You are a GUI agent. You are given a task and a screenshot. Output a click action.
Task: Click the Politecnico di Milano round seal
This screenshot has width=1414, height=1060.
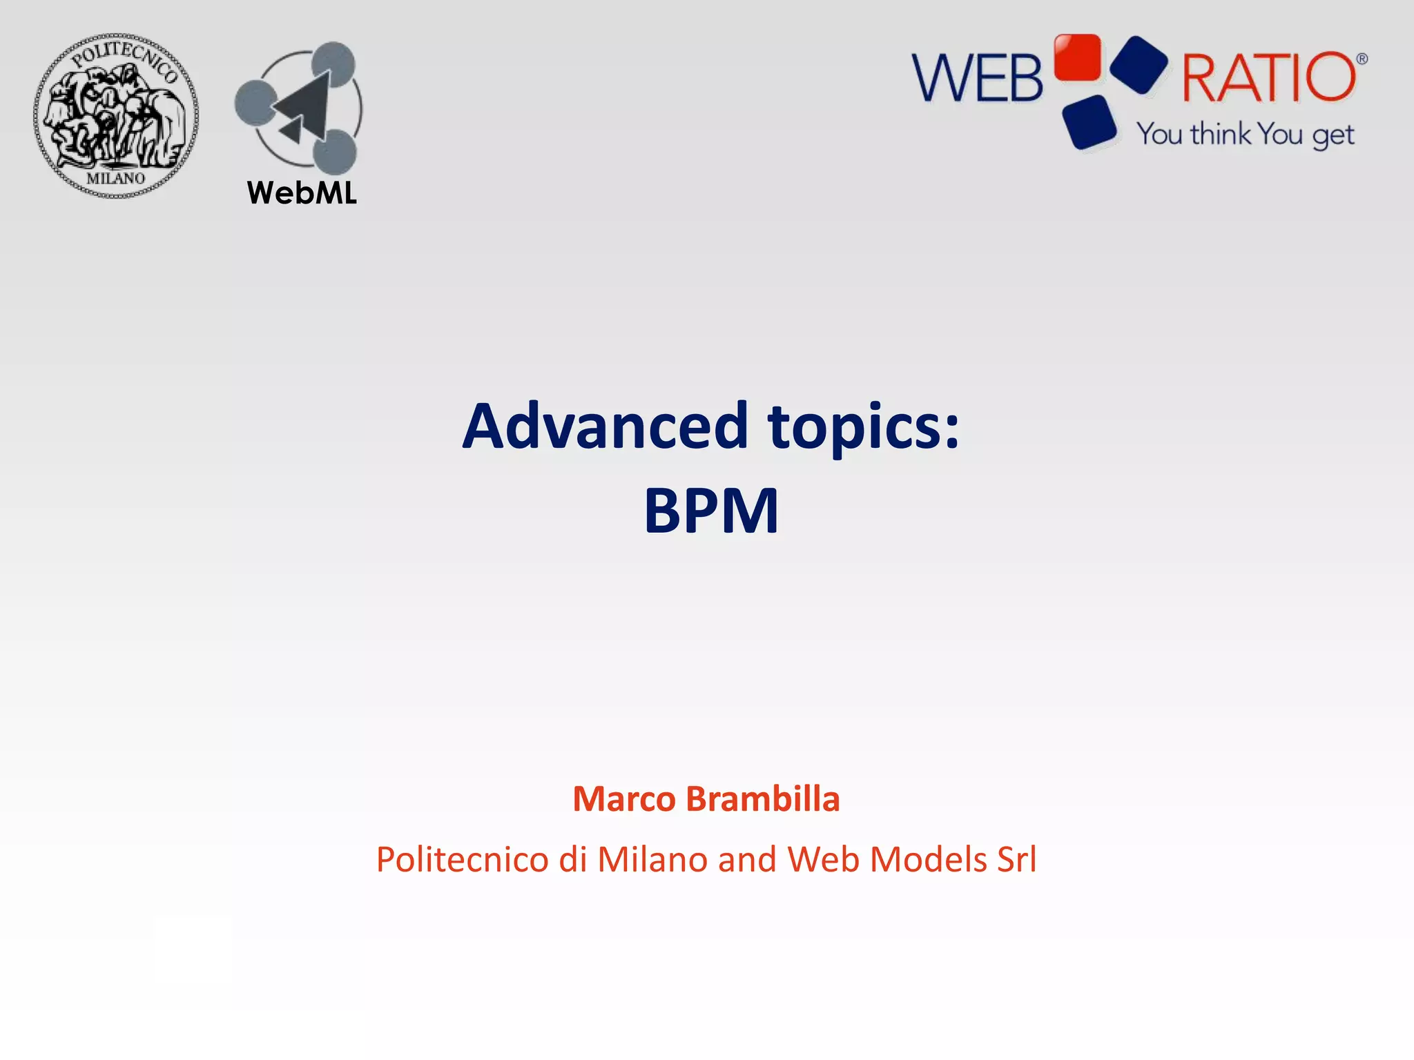pyautogui.click(x=116, y=116)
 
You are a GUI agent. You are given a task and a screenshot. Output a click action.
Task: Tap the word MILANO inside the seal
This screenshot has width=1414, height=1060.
pyautogui.click(x=116, y=178)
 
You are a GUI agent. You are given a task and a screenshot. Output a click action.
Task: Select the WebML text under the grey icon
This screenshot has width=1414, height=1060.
pyautogui.click(x=302, y=193)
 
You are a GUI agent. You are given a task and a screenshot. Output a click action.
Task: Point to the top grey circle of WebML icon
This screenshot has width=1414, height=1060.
pyautogui.click(x=333, y=63)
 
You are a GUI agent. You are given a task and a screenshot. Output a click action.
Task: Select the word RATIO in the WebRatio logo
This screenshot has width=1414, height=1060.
pyautogui.click(x=1269, y=77)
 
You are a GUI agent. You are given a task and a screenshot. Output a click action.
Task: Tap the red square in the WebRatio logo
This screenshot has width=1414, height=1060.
pyautogui.click(x=1077, y=57)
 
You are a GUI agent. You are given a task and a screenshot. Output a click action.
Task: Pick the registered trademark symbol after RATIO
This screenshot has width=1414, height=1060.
pyautogui.click(x=1362, y=59)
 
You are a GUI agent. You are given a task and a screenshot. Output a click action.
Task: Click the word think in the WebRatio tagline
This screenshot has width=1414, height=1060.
pyautogui.click(x=1220, y=134)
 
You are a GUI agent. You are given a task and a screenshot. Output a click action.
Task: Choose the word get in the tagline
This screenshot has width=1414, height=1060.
pyautogui.click(x=1333, y=136)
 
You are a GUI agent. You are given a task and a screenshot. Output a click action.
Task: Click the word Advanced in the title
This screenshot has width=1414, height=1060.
pyautogui.click(x=606, y=426)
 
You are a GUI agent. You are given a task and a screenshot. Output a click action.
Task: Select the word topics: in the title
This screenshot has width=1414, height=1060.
pyautogui.click(x=864, y=428)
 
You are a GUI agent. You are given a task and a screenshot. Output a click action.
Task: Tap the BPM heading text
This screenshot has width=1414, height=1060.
pyautogui.click(x=711, y=511)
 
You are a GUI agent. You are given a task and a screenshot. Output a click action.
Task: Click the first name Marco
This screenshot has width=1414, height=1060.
pyautogui.click(x=624, y=799)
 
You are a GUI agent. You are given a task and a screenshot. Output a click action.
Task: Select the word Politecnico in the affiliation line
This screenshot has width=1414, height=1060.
pyautogui.click(x=463, y=860)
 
